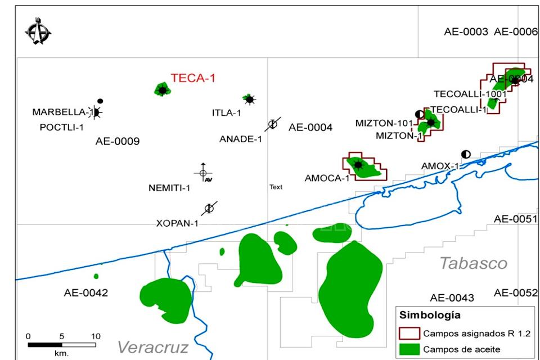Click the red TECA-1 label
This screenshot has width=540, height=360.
click(193, 78)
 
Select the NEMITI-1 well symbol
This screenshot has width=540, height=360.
click(203, 173)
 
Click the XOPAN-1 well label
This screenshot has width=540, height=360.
click(177, 223)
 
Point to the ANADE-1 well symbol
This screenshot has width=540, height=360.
click(273, 124)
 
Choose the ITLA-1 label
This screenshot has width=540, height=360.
click(226, 112)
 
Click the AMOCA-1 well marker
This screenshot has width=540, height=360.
click(357, 165)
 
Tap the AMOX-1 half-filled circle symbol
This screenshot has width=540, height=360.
click(466, 154)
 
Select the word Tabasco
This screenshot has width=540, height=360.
click(473, 263)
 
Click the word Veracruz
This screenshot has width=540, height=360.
click(152, 347)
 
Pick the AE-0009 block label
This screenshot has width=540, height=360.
click(118, 141)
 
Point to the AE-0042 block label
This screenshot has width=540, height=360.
click(85, 292)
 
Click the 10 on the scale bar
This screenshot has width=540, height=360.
click(96, 336)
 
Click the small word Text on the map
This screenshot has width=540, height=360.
click(276, 187)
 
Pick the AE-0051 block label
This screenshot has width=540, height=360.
click(515, 219)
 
